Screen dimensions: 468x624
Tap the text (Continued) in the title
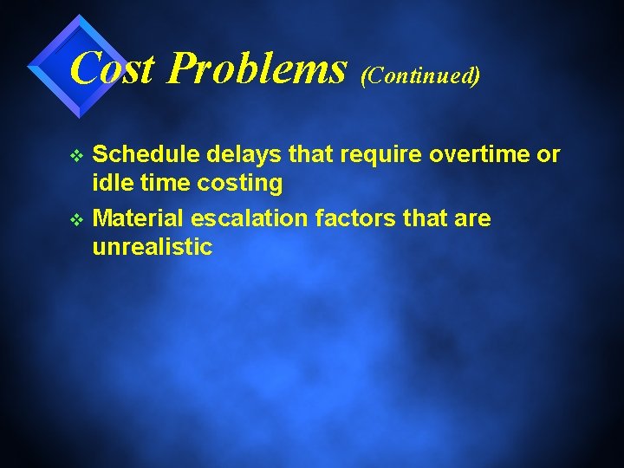[x=420, y=75]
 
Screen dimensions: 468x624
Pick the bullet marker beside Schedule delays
[x=75, y=156]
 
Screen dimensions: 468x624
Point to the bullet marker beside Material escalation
[x=75, y=219]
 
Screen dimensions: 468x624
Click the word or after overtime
[x=548, y=155]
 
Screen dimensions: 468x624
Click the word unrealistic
[x=152, y=247]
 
